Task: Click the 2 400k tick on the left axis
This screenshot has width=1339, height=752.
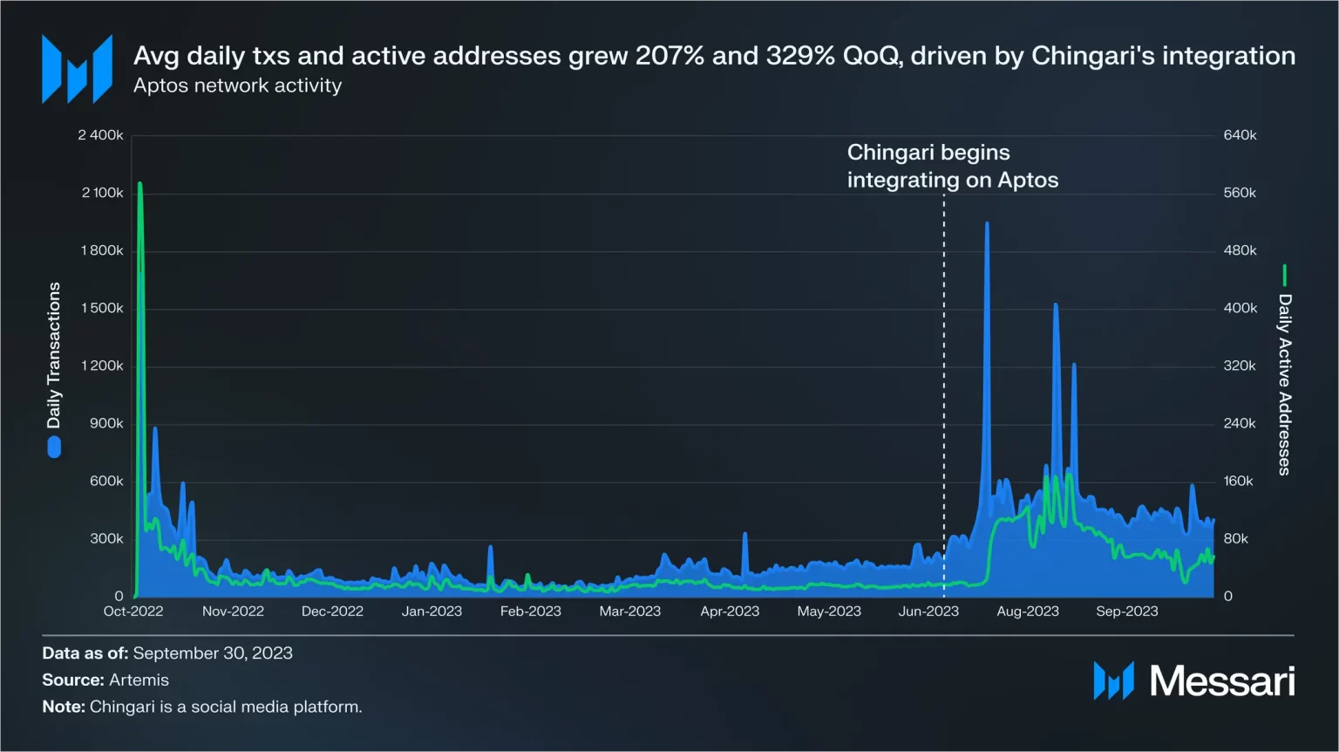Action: click(100, 135)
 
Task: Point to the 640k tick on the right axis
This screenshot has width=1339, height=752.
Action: click(1240, 135)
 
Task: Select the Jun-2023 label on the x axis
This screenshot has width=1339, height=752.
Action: click(928, 612)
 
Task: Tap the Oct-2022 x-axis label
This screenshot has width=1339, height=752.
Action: click(133, 612)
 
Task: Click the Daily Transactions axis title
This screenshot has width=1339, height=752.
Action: click(54, 355)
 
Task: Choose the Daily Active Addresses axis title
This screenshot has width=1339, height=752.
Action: click(1284, 384)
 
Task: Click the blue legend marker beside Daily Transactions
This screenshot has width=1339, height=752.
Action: click(54, 447)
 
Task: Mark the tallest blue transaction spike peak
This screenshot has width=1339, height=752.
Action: click(987, 224)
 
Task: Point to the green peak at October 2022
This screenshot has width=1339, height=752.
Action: click(139, 184)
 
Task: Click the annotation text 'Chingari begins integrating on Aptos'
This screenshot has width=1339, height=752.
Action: click(952, 166)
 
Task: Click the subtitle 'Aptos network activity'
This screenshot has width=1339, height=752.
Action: click(237, 85)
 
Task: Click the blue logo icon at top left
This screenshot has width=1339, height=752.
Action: click(77, 69)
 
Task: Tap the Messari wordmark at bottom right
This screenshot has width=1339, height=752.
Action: click(1221, 681)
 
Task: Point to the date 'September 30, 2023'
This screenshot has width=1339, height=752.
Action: click(213, 653)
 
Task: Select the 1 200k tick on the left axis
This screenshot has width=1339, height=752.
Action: click(102, 366)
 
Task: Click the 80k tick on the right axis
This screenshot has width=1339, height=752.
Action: click(1236, 538)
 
